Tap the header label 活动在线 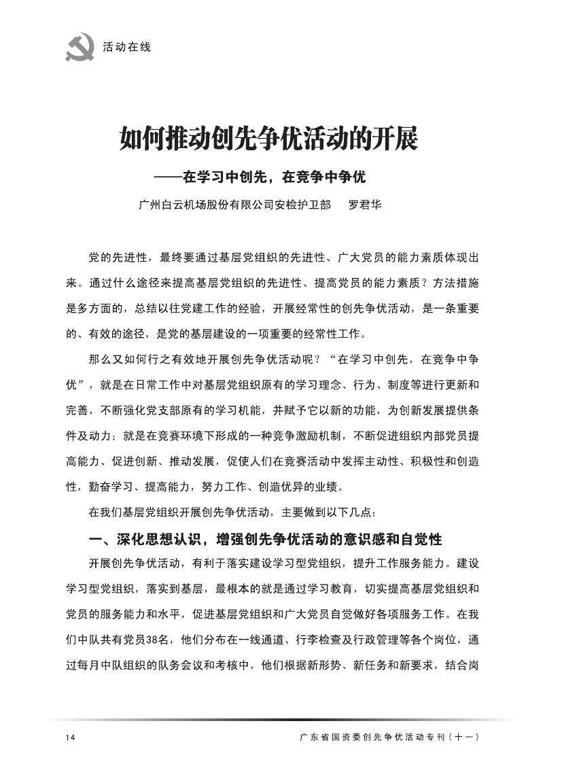tap(126, 48)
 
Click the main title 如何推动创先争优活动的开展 tap(268, 139)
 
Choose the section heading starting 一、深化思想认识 tap(266, 540)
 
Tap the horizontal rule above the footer tap(281, 720)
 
